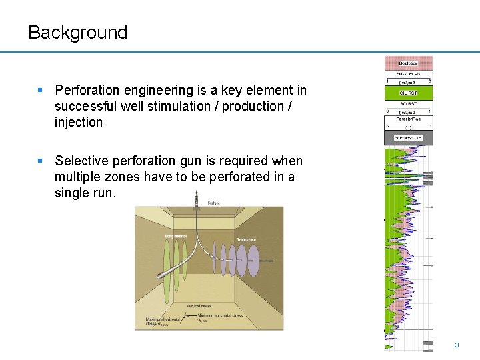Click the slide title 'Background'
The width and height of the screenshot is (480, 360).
coord(77,33)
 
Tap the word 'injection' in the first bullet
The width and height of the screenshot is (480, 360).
coord(79,122)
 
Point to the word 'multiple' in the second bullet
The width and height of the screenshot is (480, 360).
coord(78,177)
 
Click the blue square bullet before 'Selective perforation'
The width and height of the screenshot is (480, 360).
coord(41,161)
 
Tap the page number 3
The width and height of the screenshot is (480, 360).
coord(457,345)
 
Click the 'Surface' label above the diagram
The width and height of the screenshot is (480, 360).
coord(213,203)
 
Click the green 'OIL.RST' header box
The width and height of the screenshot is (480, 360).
coord(408,93)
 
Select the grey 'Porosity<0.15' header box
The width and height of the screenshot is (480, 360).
coord(408,138)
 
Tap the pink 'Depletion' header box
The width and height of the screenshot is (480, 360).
coord(408,63)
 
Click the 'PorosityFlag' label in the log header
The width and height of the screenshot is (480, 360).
coord(408,119)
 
